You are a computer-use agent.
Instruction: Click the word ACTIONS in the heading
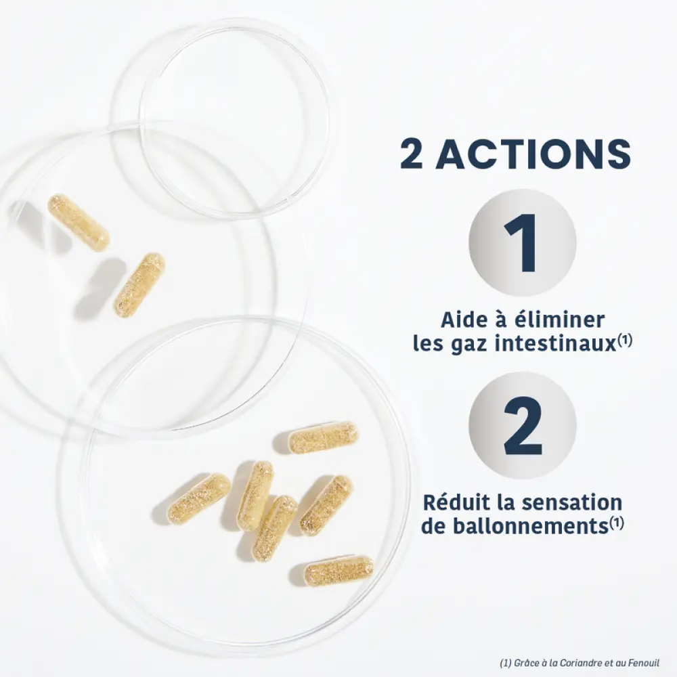[533, 154]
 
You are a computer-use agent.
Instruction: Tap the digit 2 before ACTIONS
[411, 154]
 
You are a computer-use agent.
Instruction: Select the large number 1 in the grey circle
[521, 242]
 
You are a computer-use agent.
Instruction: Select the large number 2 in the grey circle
[523, 426]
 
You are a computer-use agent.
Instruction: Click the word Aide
[462, 320]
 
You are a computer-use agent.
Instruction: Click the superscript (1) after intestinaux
[624, 340]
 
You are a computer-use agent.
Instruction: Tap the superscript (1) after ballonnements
[616, 523]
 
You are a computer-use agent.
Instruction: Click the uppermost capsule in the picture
[78, 222]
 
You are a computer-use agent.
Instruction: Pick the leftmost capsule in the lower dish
[198, 499]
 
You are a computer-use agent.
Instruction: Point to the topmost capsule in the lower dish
[322, 437]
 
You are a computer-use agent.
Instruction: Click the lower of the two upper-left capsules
[139, 285]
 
